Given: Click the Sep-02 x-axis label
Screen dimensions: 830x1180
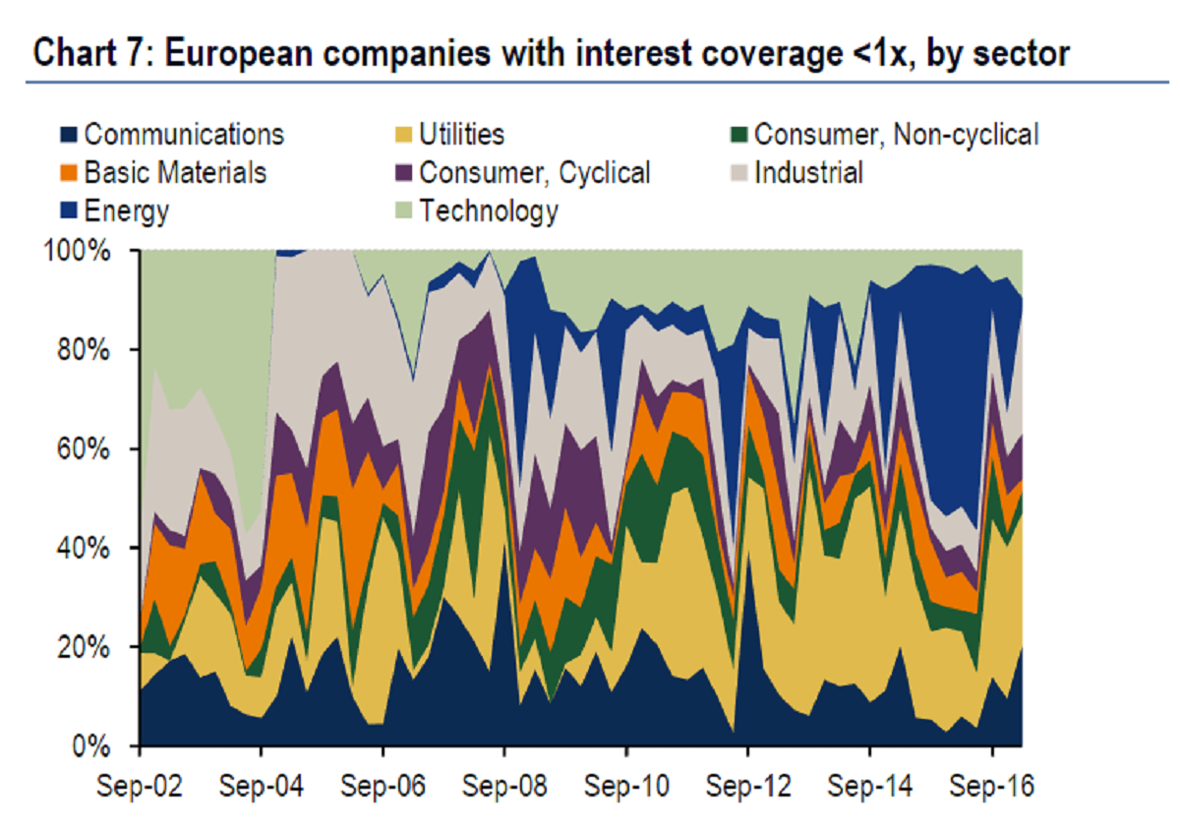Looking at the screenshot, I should pos(140,789).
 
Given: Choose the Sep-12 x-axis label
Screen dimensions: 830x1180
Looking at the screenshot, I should pos(748,789).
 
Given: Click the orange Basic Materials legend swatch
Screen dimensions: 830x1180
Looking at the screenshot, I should pos(70,173).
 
